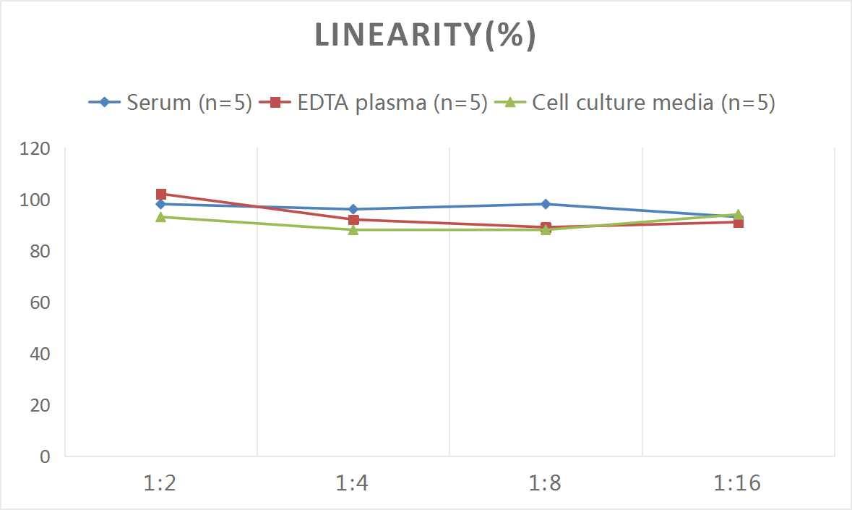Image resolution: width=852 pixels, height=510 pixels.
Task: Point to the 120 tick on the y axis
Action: pyautogui.click(x=35, y=149)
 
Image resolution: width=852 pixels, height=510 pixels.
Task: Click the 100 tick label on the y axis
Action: pyautogui.click(x=35, y=200)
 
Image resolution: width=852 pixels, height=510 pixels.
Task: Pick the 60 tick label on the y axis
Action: pyautogui.click(x=39, y=302)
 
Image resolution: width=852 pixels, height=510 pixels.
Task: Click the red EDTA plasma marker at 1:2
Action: pyautogui.click(x=160, y=194)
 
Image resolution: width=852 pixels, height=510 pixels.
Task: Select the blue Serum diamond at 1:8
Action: pyautogui.click(x=545, y=204)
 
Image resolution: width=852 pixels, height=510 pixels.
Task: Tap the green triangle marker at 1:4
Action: pyautogui.click(x=353, y=229)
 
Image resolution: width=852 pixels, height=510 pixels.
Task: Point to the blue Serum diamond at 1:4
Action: pyautogui.click(x=353, y=209)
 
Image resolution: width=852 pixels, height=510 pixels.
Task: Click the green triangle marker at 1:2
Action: pyautogui.click(x=160, y=216)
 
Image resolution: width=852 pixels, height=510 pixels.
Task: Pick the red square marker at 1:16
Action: pyautogui.click(x=738, y=222)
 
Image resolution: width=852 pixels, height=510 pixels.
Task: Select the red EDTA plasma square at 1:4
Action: pyautogui.click(x=353, y=219)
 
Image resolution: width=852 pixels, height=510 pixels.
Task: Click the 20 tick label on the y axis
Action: pyautogui.click(x=39, y=405)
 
